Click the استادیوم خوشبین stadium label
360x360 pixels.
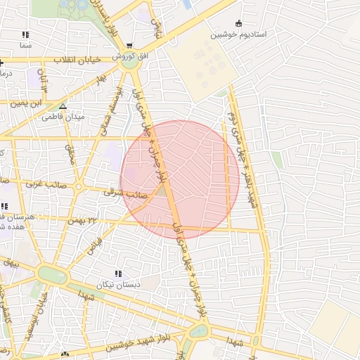238,34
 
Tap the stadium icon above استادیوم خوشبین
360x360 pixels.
238,23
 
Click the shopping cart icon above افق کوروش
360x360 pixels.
129,46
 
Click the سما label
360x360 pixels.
26,45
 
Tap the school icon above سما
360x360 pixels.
26,34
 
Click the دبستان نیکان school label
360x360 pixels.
118,284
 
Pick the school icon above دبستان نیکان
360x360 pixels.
118,274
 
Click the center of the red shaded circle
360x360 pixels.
180,179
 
